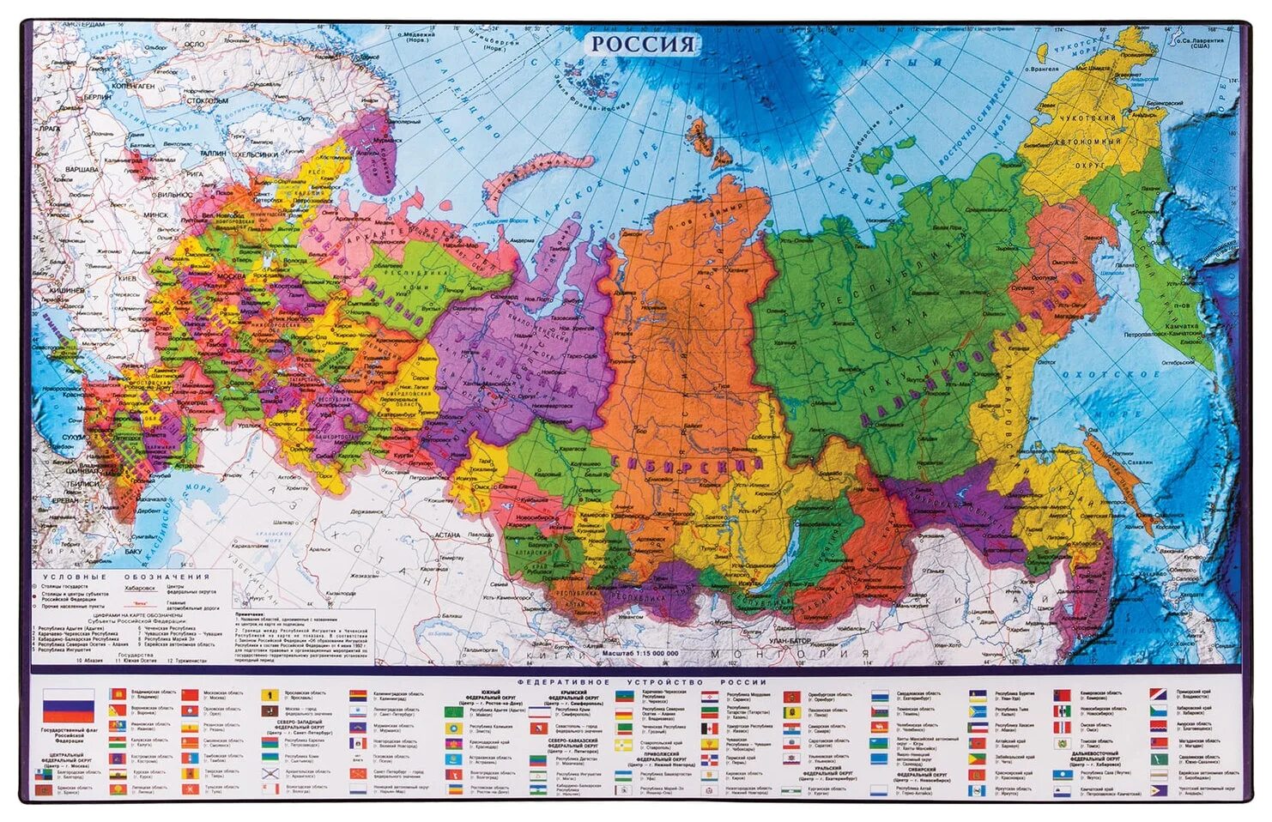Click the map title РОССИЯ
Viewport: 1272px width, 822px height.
(643, 45)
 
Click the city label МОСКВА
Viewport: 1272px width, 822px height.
(230, 277)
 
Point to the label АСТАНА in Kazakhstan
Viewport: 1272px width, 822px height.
(447, 535)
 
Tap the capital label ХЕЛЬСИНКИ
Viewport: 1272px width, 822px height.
(257, 154)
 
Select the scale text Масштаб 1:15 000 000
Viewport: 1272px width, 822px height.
(639, 653)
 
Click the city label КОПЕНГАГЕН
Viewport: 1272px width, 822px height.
(132, 87)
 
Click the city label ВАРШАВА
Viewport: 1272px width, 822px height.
(82, 170)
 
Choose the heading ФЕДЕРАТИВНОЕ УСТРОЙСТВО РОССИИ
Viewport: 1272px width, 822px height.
(641, 682)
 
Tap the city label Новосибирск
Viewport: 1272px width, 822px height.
(531, 517)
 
